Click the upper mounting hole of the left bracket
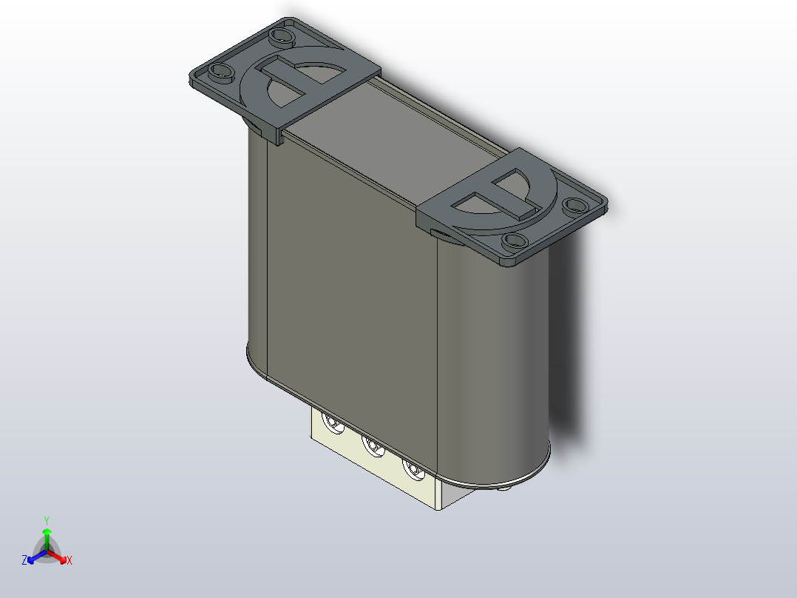coord(280,35)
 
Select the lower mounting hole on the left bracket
coord(220,72)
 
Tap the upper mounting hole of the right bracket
coord(572,204)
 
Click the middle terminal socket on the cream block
coord(371,446)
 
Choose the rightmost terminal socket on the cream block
coord(411,468)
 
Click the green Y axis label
coord(46,520)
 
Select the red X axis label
coord(69,561)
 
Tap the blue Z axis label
coord(24,560)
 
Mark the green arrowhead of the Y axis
coord(47,532)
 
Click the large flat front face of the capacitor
coord(347,296)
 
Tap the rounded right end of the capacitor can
coord(495,348)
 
